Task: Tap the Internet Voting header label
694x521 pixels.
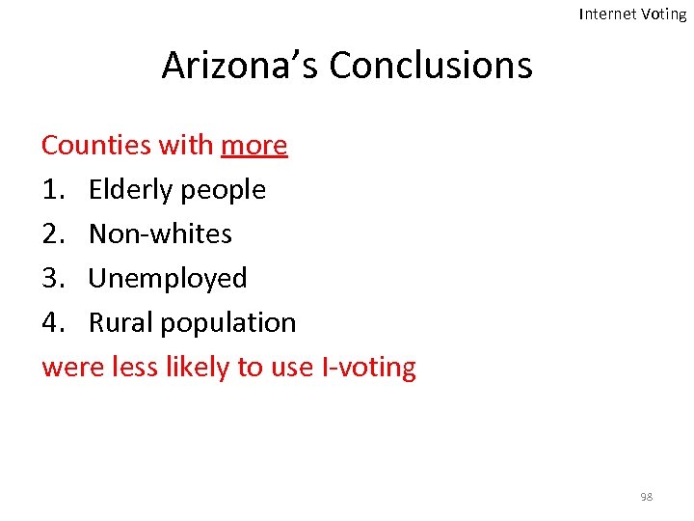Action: click(x=632, y=14)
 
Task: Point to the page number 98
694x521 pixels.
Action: click(x=646, y=497)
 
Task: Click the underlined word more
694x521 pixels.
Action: click(x=254, y=146)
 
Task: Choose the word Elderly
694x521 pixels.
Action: click(x=130, y=190)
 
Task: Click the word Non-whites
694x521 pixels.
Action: click(x=160, y=234)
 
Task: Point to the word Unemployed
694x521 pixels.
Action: click(x=168, y=279)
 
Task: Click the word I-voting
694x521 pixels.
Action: click(x=369, y=368)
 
